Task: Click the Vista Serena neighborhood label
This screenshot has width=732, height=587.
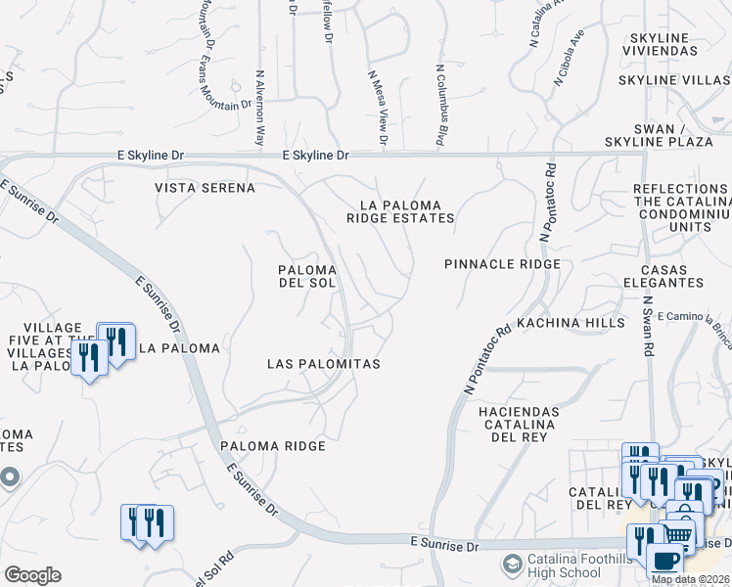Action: [x=205, y=187]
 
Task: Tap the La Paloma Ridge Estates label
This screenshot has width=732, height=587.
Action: [x=400, y=212]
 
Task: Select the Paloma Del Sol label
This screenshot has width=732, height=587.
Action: [x=307, y=276]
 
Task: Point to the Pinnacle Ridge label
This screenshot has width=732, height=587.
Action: [x=502, y=264]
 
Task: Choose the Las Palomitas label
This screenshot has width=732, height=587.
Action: [x=323, y=363]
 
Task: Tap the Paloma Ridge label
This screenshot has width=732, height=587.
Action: [x=272, y=446]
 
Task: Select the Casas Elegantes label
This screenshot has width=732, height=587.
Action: [x=671, y=275]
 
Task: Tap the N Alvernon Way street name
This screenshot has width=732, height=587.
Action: [x=260, y=108]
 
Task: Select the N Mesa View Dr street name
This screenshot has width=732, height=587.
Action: [x=378, y=108]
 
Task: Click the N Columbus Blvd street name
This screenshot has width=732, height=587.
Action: [x=441, y=108]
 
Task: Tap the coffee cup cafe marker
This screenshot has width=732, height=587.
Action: [x=665, y=562]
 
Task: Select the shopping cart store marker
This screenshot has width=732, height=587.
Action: [x=677, y=533]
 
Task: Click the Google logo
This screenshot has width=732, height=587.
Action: [x=31, y=575]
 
